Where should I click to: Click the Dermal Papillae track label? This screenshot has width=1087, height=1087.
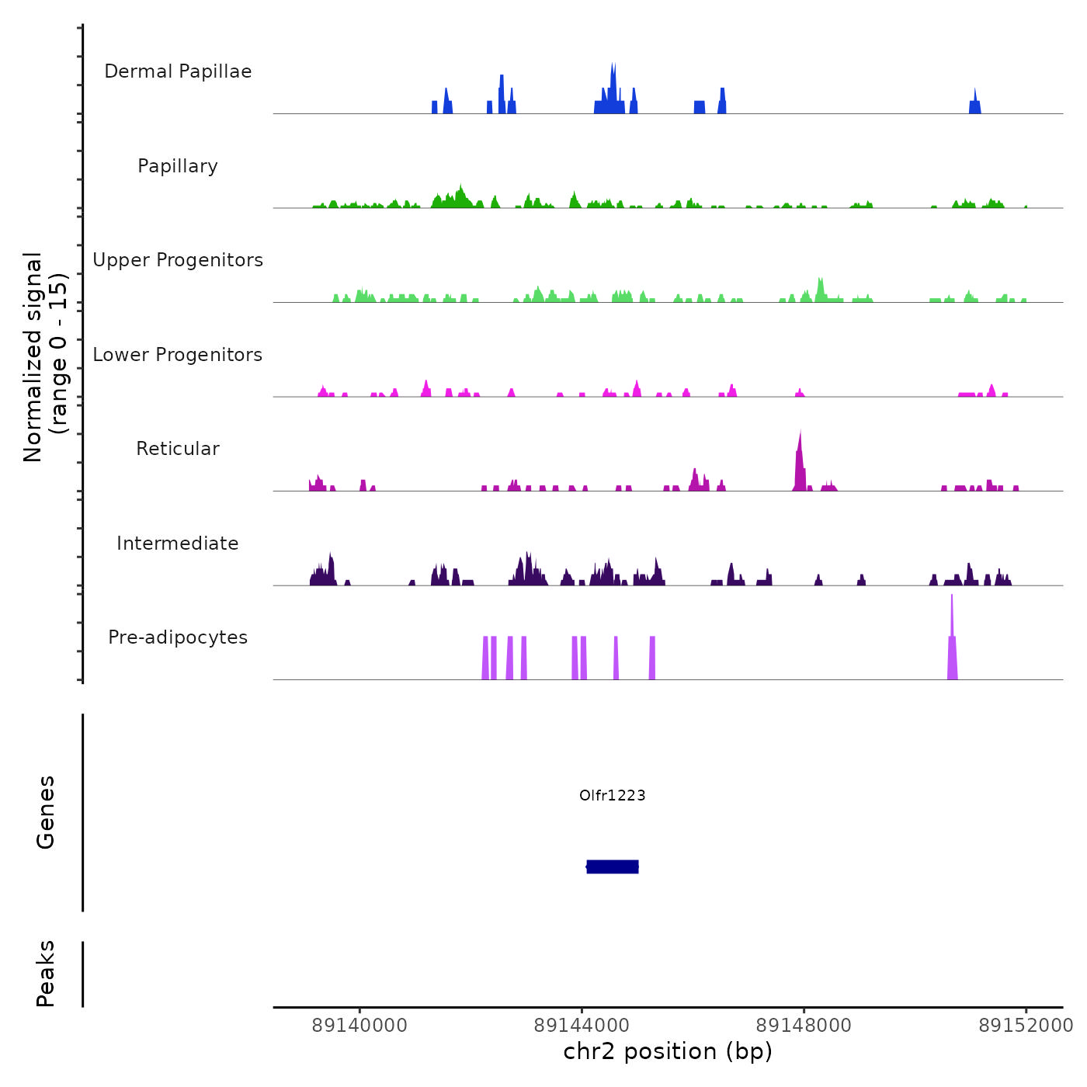[x=178, y=71]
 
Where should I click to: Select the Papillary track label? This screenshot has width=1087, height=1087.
[x=178, y=166]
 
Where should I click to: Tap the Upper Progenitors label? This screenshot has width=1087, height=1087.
[x=178, y=260]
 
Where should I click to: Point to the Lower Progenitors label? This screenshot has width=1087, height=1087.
[x=178, y=355]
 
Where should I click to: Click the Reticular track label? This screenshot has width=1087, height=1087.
[x=178, y=449]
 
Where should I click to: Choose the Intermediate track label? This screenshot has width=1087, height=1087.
[x=178, y=543]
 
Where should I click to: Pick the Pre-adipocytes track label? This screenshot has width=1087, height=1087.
[x=178, y=637]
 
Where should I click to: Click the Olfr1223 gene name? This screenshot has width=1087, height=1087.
[x=613, y=795]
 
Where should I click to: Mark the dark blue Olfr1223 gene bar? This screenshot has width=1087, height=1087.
[x=613, y=866]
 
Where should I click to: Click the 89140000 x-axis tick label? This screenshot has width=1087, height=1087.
[x=359, y=1026]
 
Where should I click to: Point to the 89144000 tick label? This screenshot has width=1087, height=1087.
[x=582, y=1026]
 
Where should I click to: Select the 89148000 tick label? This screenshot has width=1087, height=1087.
[x=804, y=1026]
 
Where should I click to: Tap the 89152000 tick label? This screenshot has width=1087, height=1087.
[x=1026, y=1026]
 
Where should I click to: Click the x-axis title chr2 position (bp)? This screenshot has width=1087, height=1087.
[x=668, y=1051]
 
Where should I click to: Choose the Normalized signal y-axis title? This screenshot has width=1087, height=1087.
[x=45, y=356]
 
